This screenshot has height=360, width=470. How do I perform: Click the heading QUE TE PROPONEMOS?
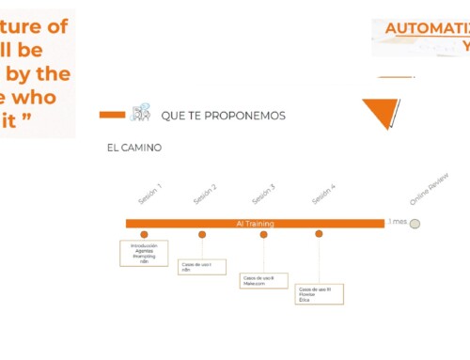coord(224,116)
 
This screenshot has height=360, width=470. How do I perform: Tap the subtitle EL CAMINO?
coord(134,148)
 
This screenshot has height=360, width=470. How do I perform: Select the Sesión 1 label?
coord(149,193)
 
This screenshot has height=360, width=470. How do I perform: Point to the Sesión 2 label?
coord(205,194)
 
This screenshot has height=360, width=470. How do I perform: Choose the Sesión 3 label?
coord(263,194)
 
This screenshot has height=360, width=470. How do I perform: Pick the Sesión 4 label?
coord(323,194)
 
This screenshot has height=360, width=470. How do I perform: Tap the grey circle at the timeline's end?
coord(415,224)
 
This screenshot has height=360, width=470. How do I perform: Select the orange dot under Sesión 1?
coord(144,234)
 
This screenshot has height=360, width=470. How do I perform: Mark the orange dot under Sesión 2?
coord(202,234)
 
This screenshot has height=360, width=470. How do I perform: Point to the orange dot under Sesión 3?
coord(263,234)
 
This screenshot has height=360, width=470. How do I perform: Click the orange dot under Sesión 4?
coord(320,234)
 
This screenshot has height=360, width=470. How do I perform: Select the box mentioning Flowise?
coord(319,293)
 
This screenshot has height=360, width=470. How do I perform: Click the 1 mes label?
coord(397,223)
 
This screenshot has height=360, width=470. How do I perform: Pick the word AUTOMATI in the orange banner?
coord(428,28)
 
